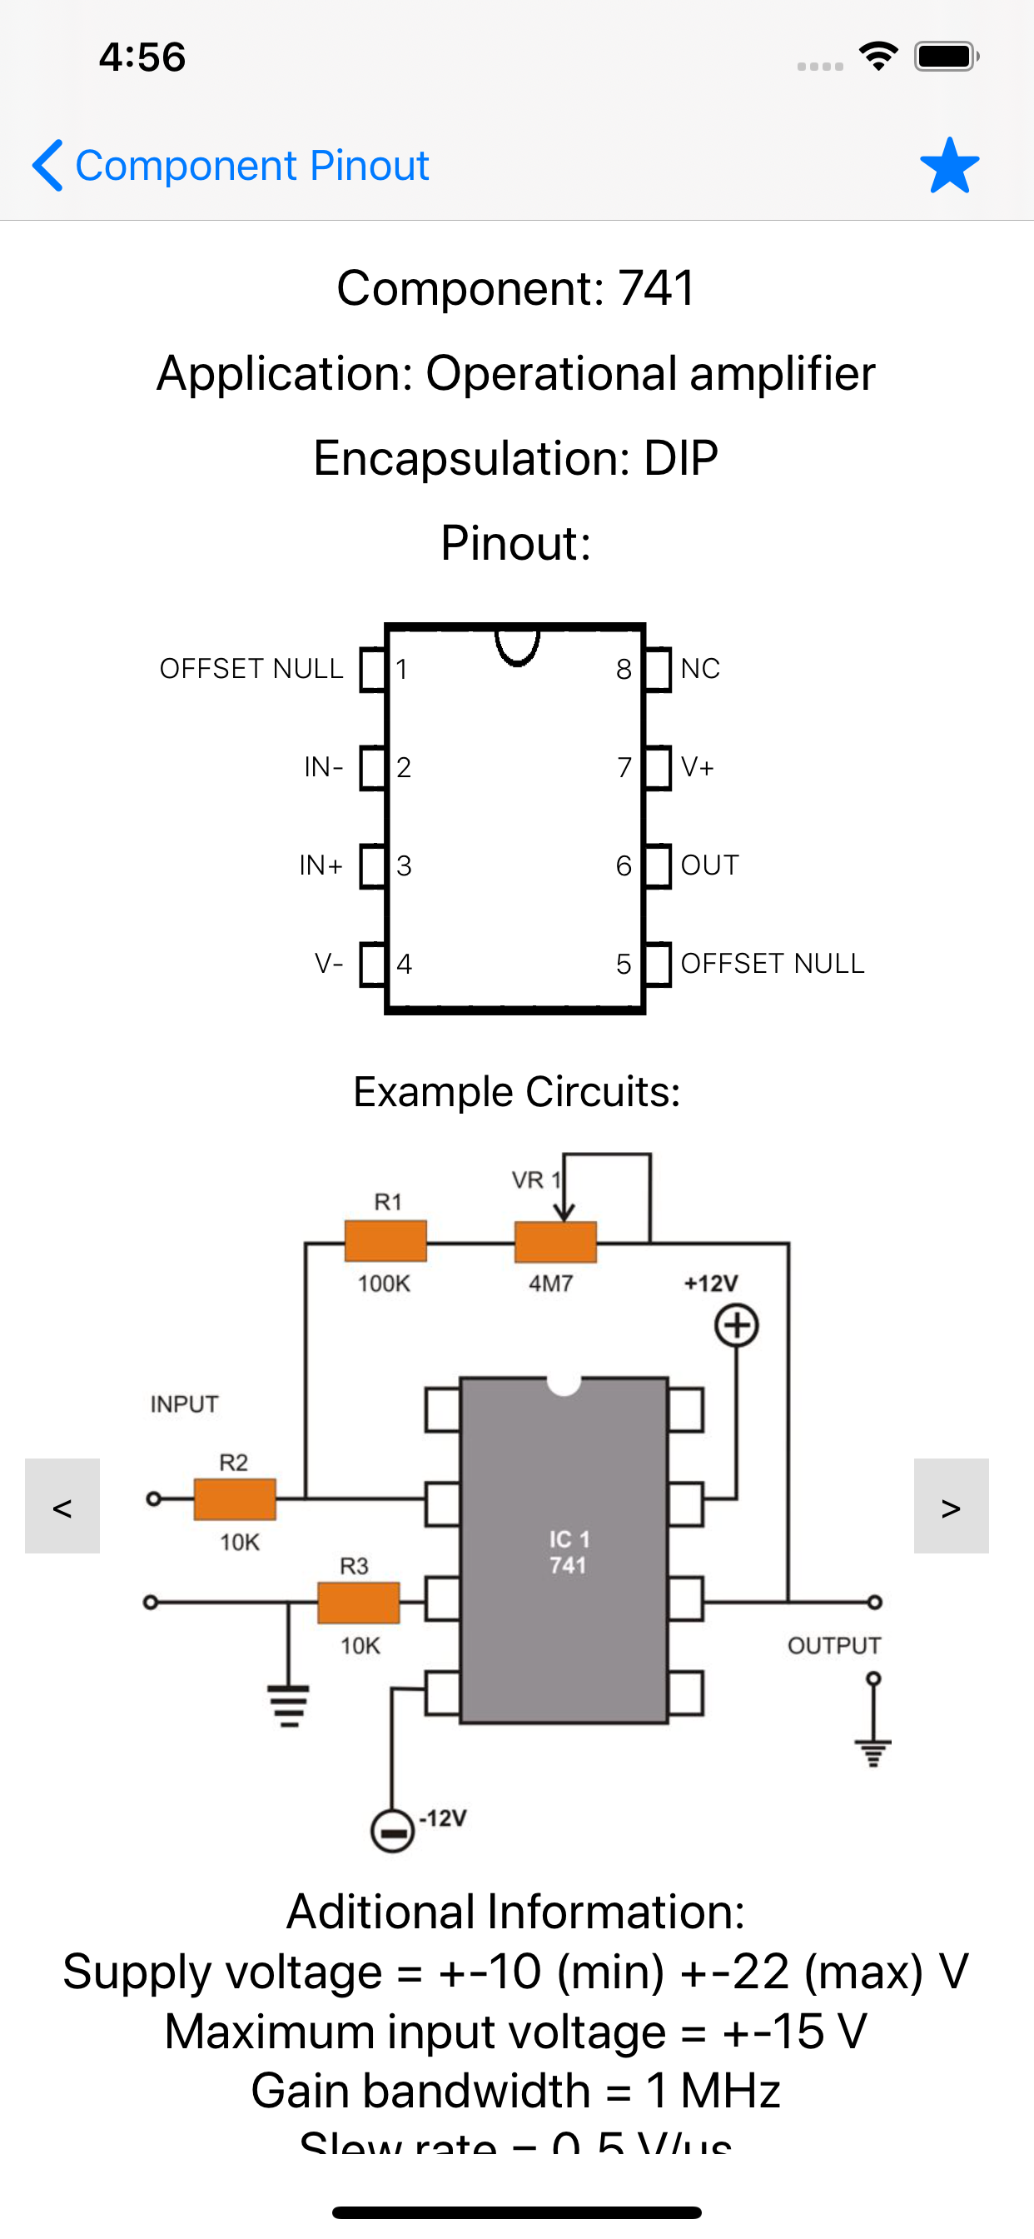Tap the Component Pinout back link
tap(231, 165)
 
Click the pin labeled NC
tap(699, 668)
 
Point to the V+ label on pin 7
tap(697, 766)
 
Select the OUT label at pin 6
tap(709, 865)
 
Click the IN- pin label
tap(323, 766)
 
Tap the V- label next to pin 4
tap(329, 963)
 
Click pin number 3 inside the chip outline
tap(404, 865)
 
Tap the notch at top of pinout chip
tap(517, 645)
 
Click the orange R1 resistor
tap(385, 1241)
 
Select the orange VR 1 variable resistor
tap(555, 1242)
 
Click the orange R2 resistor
tap(235, 1498)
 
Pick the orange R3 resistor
tap(358, 1602)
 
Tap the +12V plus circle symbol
tap(736, 1325)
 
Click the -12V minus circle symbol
tap(392, 1832)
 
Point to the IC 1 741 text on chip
tap(569, 1552)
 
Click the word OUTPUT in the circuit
tap(833, 1645)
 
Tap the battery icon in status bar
tap(946, 57)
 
